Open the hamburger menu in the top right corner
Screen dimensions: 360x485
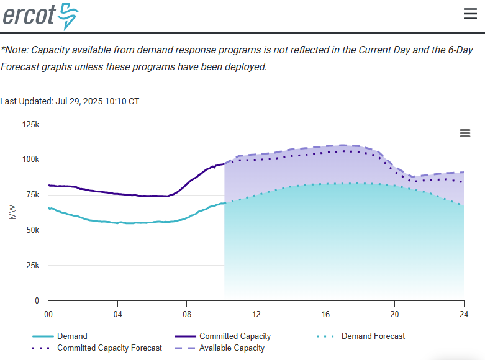coord(470,14)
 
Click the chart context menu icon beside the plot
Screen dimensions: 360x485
coord(465,133)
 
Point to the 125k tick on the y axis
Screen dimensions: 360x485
coord(31,125)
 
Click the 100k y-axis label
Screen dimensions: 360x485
coord(31,160)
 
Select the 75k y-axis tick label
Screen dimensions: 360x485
coord(33,195)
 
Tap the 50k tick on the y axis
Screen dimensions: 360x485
coord(33,230)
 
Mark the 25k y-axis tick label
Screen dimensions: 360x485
coord(33,266)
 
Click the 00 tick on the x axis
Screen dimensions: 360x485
coord(48,313)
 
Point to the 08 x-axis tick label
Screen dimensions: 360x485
coord(187,313)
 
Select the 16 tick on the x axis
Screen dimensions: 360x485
coord(325,313)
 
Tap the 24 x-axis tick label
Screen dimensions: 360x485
coord(463,313)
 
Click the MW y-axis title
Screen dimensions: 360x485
coord(13,212)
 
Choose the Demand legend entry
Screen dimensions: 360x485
coord(72,336)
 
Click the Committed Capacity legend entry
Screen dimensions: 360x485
coord(235,336)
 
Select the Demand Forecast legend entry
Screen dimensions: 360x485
coord(373,336)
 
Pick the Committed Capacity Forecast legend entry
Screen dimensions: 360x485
coord(109,348)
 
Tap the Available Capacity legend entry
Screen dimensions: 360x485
coord(232,348)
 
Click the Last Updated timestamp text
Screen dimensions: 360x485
coord(70,101)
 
